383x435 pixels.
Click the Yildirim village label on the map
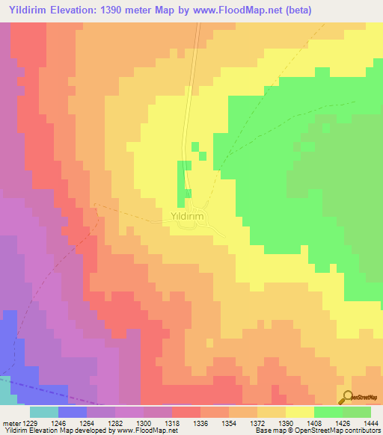183,217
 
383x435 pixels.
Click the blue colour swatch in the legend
73,412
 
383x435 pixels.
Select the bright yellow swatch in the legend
300,412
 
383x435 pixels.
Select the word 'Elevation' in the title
73,10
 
